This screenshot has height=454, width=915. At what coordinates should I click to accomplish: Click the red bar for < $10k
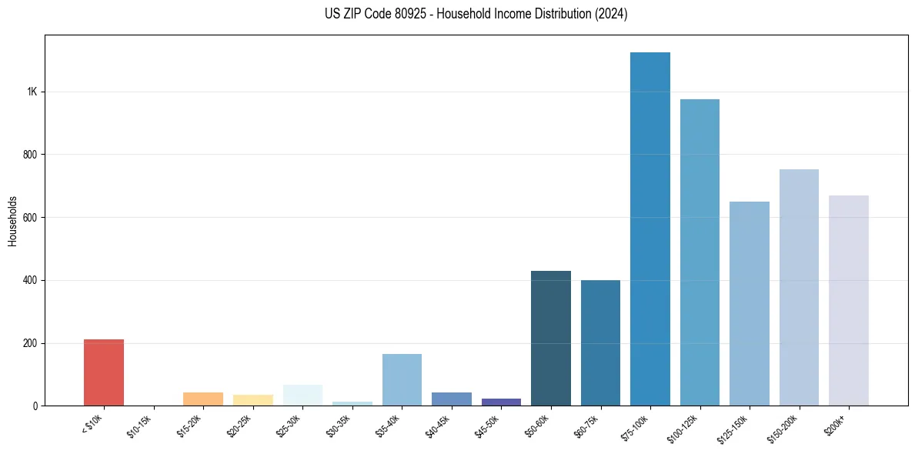[104, 372]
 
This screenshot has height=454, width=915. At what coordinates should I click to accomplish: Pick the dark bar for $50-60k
[551, 339]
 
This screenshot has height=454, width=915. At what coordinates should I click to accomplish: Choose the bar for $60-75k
[600, 343]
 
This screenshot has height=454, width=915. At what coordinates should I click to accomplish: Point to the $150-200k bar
[799, 288]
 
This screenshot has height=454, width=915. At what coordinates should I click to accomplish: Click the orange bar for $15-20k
[203, 399]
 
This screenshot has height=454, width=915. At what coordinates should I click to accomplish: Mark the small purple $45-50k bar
[501, 402]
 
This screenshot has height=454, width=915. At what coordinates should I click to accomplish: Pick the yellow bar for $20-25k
[253, 400]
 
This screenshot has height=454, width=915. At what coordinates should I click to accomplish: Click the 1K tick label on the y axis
[32, 92]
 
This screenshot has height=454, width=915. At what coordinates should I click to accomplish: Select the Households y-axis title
[13, 221]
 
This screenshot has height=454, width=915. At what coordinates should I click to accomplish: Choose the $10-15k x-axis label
[139, 425]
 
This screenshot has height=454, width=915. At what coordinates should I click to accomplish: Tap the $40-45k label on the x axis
[438, 425]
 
